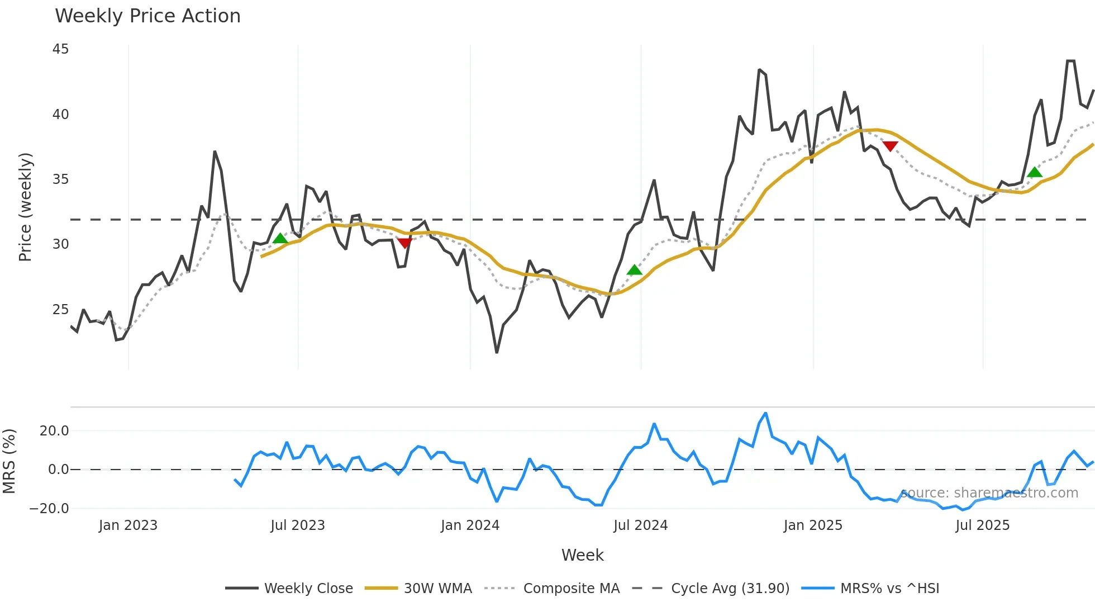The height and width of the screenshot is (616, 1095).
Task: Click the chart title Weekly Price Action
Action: (147, 16)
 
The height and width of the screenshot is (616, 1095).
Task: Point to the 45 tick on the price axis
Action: (60, 49)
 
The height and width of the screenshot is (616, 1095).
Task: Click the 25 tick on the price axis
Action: (60, 309)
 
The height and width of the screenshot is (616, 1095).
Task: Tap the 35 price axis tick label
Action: (60, 179)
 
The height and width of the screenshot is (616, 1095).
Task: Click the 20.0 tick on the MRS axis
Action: (54, 430)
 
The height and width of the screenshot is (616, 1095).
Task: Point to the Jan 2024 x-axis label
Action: (470, 525)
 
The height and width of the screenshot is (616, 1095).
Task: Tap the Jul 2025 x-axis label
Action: (982, 525)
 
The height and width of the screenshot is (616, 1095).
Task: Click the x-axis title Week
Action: (582, 555)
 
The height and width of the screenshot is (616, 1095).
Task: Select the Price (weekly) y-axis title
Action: (25, 207)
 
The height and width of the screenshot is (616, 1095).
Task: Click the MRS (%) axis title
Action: (9, 461)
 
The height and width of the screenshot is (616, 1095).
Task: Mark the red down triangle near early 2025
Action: (890, 146)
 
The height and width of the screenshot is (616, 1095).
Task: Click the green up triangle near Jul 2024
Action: (634, 270)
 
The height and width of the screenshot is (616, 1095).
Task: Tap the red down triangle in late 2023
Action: (404, 243)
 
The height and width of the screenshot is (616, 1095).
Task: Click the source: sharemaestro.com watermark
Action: (989, 493)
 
